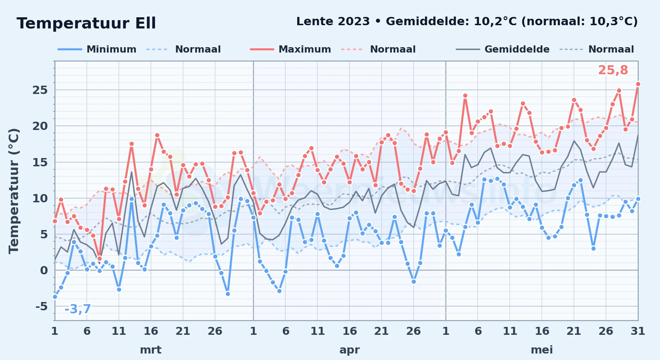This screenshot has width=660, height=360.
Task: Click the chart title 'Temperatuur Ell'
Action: pos(86,23)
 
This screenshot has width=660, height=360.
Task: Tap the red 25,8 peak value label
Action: pos(613,71)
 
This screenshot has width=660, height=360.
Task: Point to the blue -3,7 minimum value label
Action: pos(77,309)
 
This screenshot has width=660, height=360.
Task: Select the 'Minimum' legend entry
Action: pos(97,49)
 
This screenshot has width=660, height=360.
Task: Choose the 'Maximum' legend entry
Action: pos(290,49)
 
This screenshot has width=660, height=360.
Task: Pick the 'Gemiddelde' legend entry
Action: pos(503,49)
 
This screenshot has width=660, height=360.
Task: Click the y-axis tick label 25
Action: pos(40,90)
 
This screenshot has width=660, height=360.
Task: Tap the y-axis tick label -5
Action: pos(41,306)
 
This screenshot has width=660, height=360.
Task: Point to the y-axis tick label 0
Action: pos(44,270)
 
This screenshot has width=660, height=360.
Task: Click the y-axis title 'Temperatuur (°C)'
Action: pos(14,191)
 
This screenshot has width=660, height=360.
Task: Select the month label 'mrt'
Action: pos(151,350)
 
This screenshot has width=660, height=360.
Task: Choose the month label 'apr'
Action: pos(349,350)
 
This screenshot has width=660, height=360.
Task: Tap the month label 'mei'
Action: pos(542,350)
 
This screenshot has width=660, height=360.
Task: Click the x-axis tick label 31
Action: pos(638,331)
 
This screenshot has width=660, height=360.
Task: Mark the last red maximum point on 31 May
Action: pos(638,84)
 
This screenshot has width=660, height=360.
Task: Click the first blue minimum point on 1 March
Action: pos(55,297)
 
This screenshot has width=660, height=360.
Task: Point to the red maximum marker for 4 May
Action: pos(465,96)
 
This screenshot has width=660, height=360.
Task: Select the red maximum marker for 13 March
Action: pos(131,144)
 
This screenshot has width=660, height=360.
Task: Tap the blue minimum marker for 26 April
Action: pos(414,282)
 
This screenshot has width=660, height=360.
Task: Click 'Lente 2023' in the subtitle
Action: pos(333,22)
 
